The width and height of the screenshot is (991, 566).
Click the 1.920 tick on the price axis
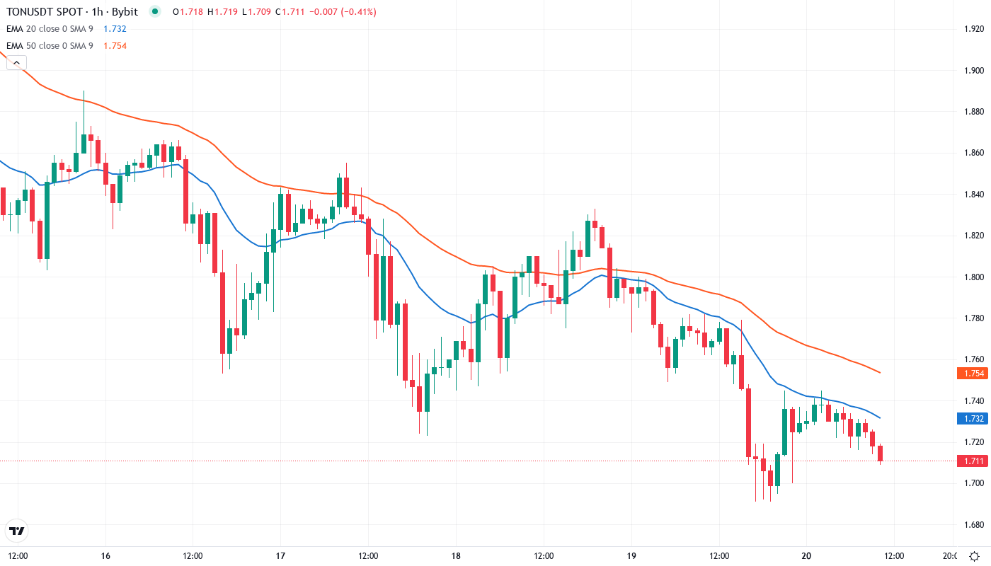[975, 29]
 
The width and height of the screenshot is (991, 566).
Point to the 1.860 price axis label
[975, 153]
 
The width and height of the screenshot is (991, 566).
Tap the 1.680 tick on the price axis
[975, 525]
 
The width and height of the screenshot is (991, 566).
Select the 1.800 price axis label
[975, 277]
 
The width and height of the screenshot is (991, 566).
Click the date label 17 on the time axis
[281, 556]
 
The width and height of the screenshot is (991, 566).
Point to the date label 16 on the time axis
[105, 556]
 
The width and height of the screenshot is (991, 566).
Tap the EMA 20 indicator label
[50, 29]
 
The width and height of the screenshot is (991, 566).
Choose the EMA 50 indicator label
[50, 46]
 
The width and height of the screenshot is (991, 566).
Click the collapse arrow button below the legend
[16, 63]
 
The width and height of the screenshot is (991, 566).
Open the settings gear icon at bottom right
[974, 556]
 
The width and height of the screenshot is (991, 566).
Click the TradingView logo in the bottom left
[17, 531]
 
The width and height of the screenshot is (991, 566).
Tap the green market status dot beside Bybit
[155, 12]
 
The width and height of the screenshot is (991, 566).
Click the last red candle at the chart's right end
[881, 454]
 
